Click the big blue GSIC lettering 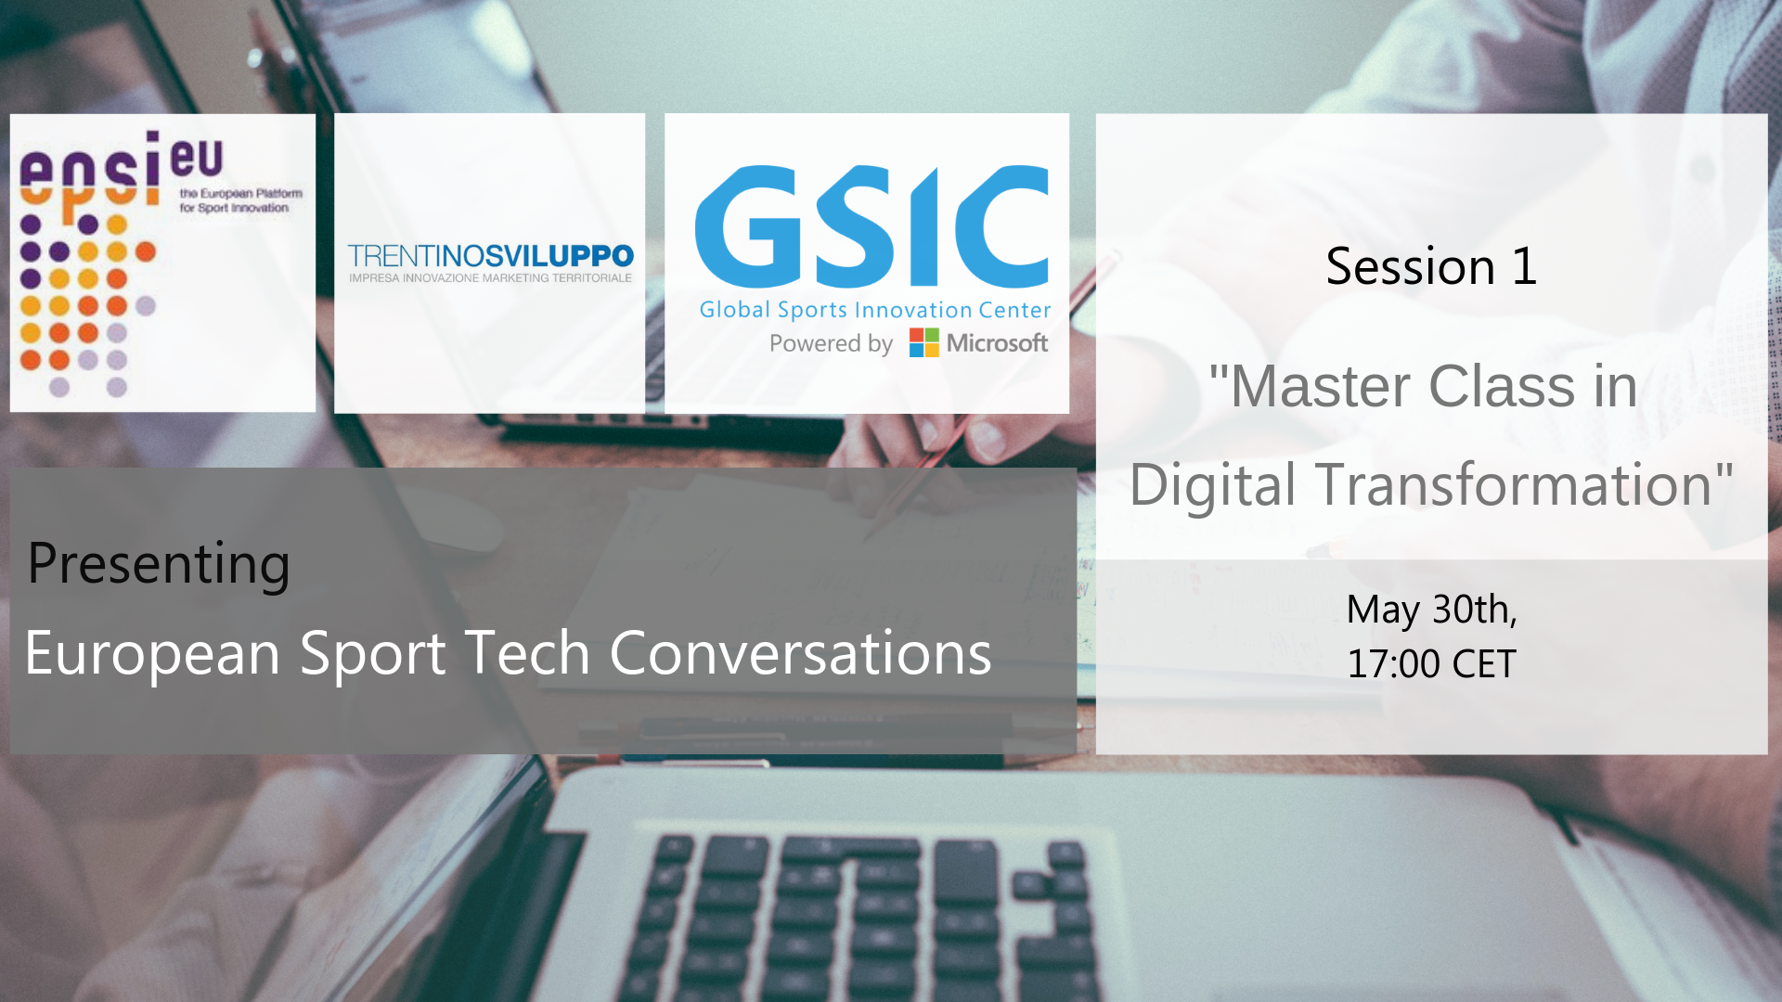[872, 226]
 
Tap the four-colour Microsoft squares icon [923, 342]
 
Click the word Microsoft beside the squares [997, 343]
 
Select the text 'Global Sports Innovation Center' [874, 310]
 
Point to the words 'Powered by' [831, 344]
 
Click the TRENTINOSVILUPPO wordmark [490, 256]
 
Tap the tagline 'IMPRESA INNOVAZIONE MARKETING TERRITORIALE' [490, 278]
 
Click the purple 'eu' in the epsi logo [197, 158]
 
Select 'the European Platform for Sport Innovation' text [240, 200]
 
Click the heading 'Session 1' [1431, 266]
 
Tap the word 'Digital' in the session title [1212, 486]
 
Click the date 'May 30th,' [1431, 610]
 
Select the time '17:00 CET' [1431, 664]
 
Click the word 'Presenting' [159, 565]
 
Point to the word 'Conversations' [800, 652]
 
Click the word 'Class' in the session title [1502, 386]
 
